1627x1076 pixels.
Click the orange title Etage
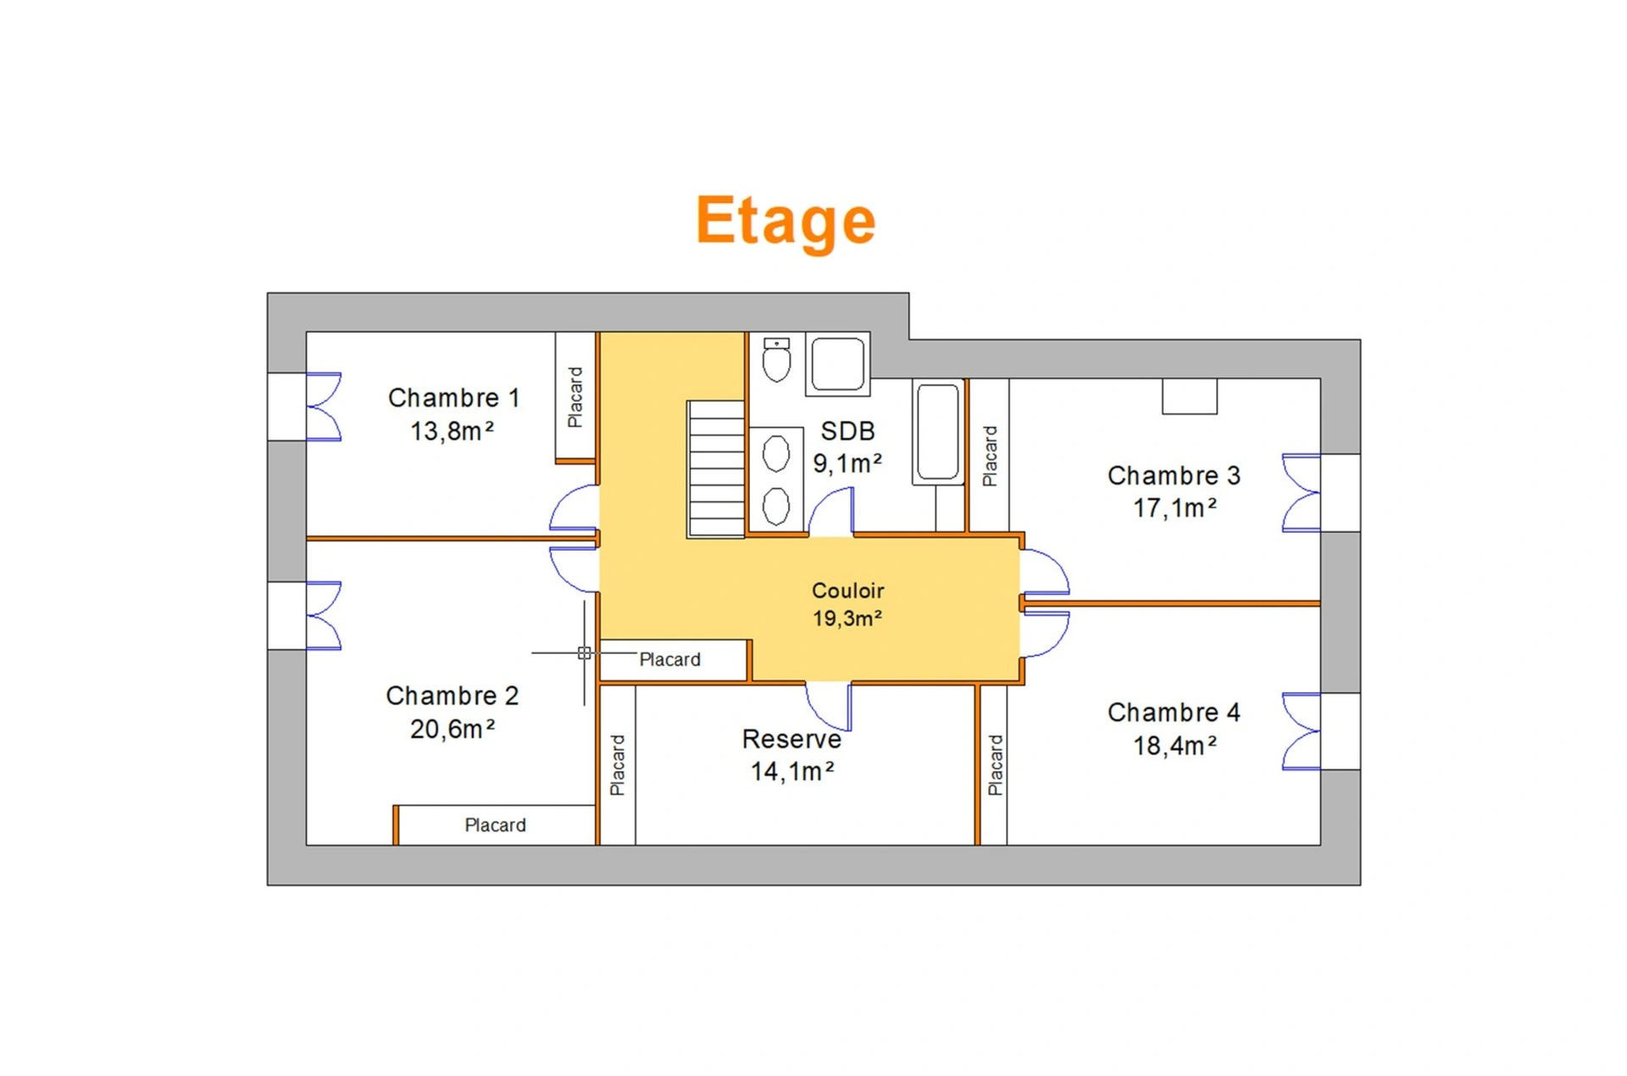pyautogui.click(x=786, y=221)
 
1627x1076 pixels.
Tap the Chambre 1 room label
pyautogui.click(x=453, y=397)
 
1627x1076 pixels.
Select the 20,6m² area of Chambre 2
pyautogui.click(x=453, y=729)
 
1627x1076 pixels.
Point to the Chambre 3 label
pyautogui.click(x=1174, y=475)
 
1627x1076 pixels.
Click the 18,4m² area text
pyautogui.click(x=1175, y=746)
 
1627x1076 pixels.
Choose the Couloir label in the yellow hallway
pyautogui.click(x=847, y=591)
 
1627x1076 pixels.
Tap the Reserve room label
pyautogui.click(x=791, y=739)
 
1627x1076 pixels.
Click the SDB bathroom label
pyautogui.click(x=847, y=431)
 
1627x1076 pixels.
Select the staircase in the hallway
pyautogui.click(x=716, y=469)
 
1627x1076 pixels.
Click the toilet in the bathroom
pyautogui.click(x=776, y=359)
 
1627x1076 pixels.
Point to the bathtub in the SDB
pyautogui.click(x=938, y=432)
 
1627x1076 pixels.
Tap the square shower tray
pyautogui.click(x=837, y=363)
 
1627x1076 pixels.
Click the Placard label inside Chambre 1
pyautogui.click(x=575, y=397)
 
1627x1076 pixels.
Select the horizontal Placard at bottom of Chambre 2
pyautogui.click(x=495, y=825)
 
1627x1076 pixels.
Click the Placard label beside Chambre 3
pyautogui.click(x=989, y=456)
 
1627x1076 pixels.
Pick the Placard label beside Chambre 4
pyautogui.click(x=995, y=765)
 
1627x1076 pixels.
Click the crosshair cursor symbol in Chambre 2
pyautogui.click(x=584, y=653)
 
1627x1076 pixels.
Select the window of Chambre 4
pyautogui.click(x=1302, y=731)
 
